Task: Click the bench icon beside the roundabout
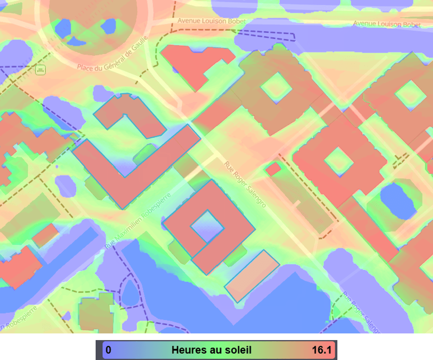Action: pyautogui.click(x=41, y=70)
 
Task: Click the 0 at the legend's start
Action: pyautogui.click(x=108, y=350)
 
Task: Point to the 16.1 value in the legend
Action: pyautogui.click(x=321, y=350)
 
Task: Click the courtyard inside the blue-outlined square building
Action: pyautogui.click(x=207, y=226)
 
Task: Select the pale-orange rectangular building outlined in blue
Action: pyautogui.click(x=252, y=276)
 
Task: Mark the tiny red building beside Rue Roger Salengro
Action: pyautogui.click(x=273, y=169)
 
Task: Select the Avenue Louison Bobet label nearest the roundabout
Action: pyautogui.click(x=211, y=21)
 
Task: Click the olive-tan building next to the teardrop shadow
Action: pyautogui.click(x=97, y=312)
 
